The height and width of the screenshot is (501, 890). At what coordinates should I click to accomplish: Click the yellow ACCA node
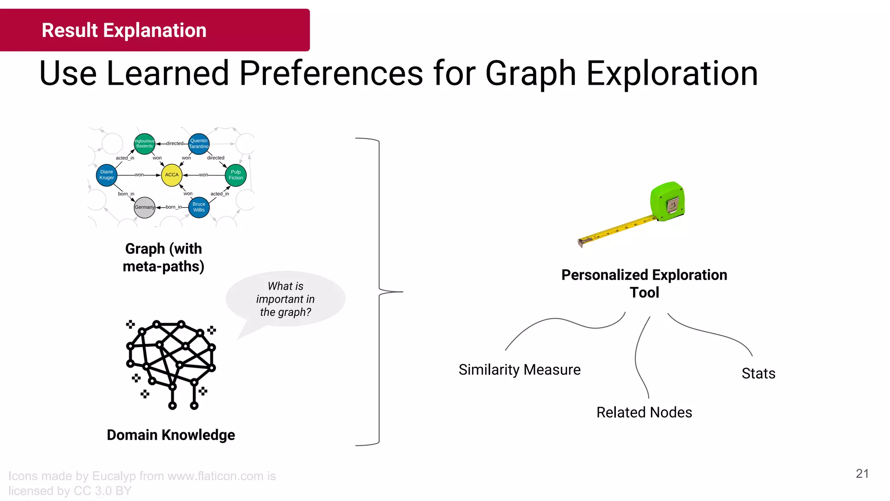(172, 175)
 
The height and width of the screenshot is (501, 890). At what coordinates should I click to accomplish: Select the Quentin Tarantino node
(199, 144)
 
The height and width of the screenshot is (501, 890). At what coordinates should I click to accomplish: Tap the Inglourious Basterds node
(145, 144)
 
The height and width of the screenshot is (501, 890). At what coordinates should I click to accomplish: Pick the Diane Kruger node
(106, 175)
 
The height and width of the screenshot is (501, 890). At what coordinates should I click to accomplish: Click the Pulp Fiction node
(236, 175)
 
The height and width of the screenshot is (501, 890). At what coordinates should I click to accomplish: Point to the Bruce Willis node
(199, 207)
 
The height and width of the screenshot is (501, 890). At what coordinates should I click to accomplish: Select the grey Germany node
(145, 207)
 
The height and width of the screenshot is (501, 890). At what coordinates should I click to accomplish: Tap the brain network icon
(171, 364)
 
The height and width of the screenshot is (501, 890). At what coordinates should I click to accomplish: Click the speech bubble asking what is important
(286, 299)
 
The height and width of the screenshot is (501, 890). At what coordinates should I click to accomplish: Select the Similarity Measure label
(519, 370)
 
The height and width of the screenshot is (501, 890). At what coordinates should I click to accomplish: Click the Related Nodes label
(644, 412)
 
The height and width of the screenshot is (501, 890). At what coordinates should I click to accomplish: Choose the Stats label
(758, 374)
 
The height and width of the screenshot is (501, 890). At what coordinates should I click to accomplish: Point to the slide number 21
(862, 474)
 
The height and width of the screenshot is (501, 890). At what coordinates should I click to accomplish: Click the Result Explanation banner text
(124, 30)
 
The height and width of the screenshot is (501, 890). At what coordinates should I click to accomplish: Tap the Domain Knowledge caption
(171, 435)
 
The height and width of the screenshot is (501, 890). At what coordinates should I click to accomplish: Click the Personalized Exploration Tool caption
(644, 284)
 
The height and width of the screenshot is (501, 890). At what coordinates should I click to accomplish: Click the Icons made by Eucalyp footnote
(142, 483)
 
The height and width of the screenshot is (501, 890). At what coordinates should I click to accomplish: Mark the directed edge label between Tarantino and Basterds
(175, 144)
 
